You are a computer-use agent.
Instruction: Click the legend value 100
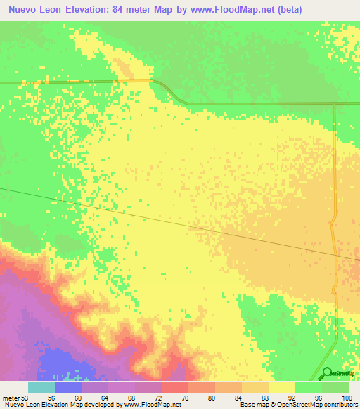click(346, 397)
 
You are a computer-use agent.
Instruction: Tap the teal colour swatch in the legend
click(41, 387)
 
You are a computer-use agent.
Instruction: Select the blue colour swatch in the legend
click(67, 387)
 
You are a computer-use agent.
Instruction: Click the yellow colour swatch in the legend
click(281, 387)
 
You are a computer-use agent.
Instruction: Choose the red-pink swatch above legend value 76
click(174, 387)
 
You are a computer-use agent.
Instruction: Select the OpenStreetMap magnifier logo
click(326, 373)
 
